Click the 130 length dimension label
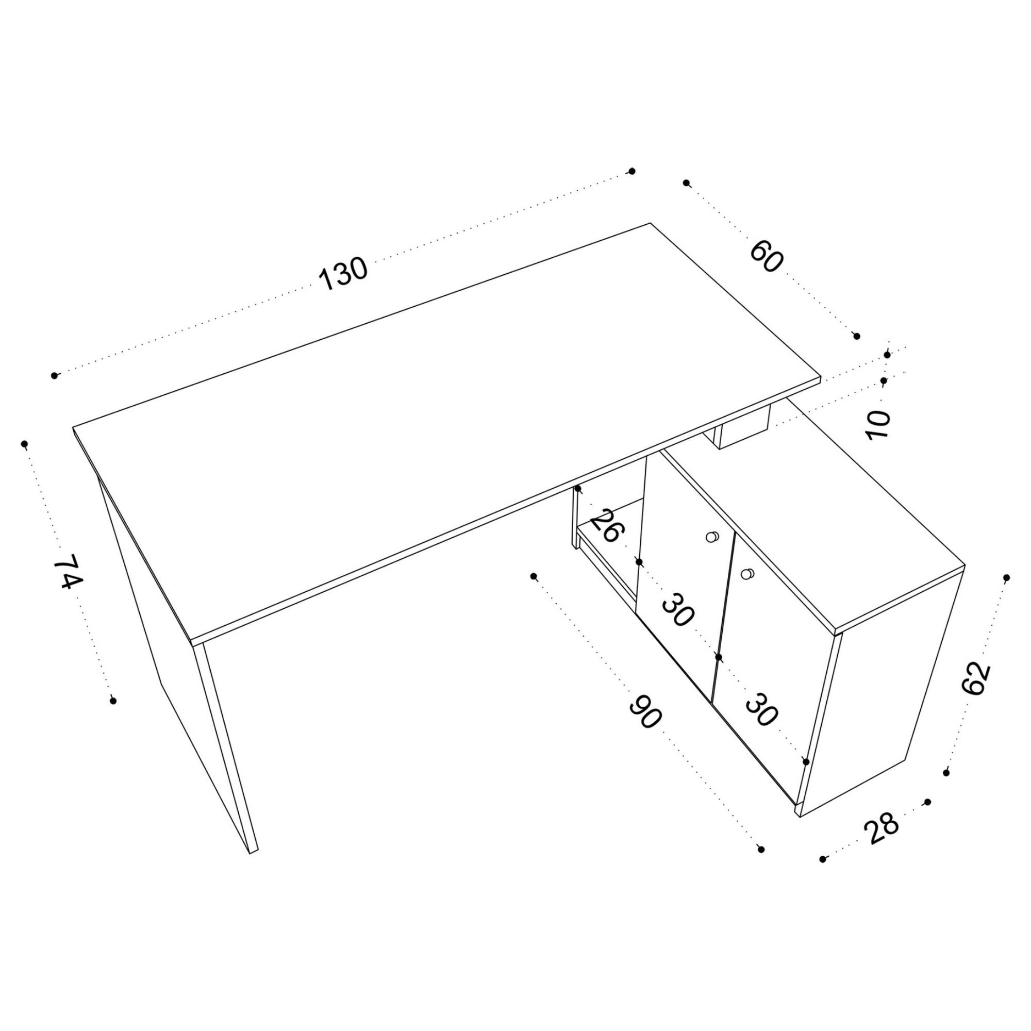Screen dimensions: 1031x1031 tap(343, 274)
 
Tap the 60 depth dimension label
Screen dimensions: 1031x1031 tap(767, 257)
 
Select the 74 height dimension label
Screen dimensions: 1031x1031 tap(69, 572)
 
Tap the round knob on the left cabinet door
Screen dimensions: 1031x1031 tap(711, 537)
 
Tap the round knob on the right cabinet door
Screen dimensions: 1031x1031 tap(746, 574)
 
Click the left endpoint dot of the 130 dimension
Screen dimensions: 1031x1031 tap(55, 376)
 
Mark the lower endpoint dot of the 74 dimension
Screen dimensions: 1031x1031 tap(113, 701)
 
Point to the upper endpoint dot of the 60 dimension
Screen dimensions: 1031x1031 tap(687, 183)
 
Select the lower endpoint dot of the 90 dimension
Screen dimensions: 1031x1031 tap(761, 849)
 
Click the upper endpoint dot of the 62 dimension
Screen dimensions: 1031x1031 tap(1006, 578)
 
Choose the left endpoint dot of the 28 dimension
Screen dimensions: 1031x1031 tap(823, 859)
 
